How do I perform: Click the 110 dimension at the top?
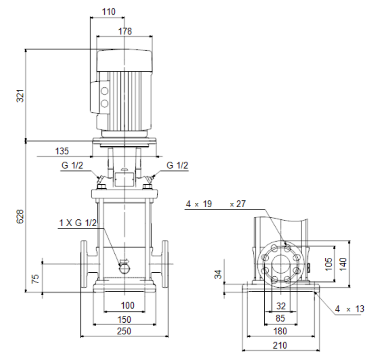pyautogui.click(x=108, y=12)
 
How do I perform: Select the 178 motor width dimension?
pyautogui.click(x=125, y=31)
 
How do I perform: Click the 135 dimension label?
pyautogui.click(x=62, y=151)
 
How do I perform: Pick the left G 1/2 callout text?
pyautogui.click(x=72, y=165)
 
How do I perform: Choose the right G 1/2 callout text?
pyautogui.click(x=177, y=165)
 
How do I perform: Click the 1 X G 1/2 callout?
pyautogui.click(x=78, y=223)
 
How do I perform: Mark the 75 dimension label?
pyautogui.click(x=35, y=279)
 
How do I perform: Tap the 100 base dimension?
pyautogui.click(x=128, y=305)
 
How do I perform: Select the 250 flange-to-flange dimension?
pyautogui.click(x=124, y=331)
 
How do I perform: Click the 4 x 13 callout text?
pyautogui.click(x=349, y=309)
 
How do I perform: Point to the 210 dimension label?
pyautogui.click(x=280, y=345)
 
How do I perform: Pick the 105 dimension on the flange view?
pyautogui.click(x=329, y=264)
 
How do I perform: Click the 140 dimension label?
pyautogui.click(x=343, y=264)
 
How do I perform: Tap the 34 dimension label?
pyautogui.click(x=218, y=275)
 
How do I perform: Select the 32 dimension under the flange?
pyautogui.click(x=281, y=306)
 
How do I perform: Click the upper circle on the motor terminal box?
pyautogui.click(x=104, y=91)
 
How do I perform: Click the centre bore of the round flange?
pyautogui.click(x=281, y=264)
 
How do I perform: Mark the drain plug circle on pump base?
pyautogui.click(x=125, y=269)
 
